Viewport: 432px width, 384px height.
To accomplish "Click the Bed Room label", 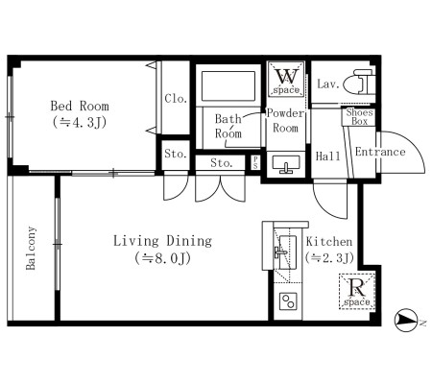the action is tap(80, 106).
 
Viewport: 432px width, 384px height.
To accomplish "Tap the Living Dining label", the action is tap(162, 241).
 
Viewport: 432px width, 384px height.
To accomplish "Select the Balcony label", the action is tap(31, 248).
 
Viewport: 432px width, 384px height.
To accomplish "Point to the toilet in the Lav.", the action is tap(359, 84).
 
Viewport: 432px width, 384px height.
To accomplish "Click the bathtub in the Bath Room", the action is tap(228, 85).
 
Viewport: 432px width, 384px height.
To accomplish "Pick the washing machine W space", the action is tap(286, 79).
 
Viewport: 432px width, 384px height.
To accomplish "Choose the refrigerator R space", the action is tap(357, 291).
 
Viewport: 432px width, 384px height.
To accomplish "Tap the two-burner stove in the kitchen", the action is tap(288, 301).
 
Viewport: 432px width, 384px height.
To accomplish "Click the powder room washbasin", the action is tap(286, 164).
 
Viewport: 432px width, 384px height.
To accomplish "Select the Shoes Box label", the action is tap(359, 117).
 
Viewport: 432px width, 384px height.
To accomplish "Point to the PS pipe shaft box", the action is tap(255, 162).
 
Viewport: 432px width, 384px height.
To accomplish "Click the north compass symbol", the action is tap(406, 321).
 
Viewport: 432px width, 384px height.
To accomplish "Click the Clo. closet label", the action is tap(176, 98).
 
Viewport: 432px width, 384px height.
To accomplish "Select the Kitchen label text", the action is tap(329, 241).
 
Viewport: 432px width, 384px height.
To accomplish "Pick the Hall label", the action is tap(328, 156).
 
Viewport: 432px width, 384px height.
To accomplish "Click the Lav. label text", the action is tap(327, 84).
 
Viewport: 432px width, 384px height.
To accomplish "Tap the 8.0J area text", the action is tap(162, 258).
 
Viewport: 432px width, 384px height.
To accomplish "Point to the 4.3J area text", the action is tap(80, 122).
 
